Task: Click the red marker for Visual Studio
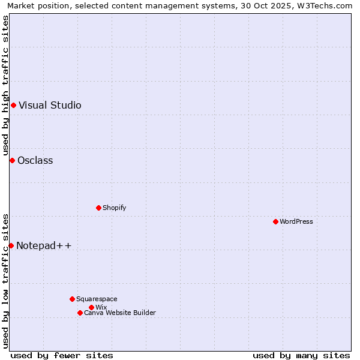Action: point(13,106)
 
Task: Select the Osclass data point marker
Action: point(12,160)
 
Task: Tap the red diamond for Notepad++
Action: point(11,245)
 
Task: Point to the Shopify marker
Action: point(98,208)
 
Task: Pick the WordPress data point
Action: point(275,221)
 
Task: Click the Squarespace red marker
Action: point(72,299)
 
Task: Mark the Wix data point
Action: point(91,307)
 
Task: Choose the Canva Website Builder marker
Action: point(80,313)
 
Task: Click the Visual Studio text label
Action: point(50,106)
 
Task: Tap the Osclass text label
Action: point(35,160)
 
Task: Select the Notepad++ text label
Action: point(44,245)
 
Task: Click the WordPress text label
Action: point(296,221)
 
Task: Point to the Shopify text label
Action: point(114,208)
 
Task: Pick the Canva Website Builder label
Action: point(119,313)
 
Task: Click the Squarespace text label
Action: point(97,299)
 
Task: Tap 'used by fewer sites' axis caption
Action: point(62,355)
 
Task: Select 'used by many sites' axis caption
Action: point(301,355)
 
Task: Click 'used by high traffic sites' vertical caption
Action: point(5,85)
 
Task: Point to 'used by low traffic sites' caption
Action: point(5,281)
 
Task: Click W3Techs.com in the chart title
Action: point(325,5)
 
